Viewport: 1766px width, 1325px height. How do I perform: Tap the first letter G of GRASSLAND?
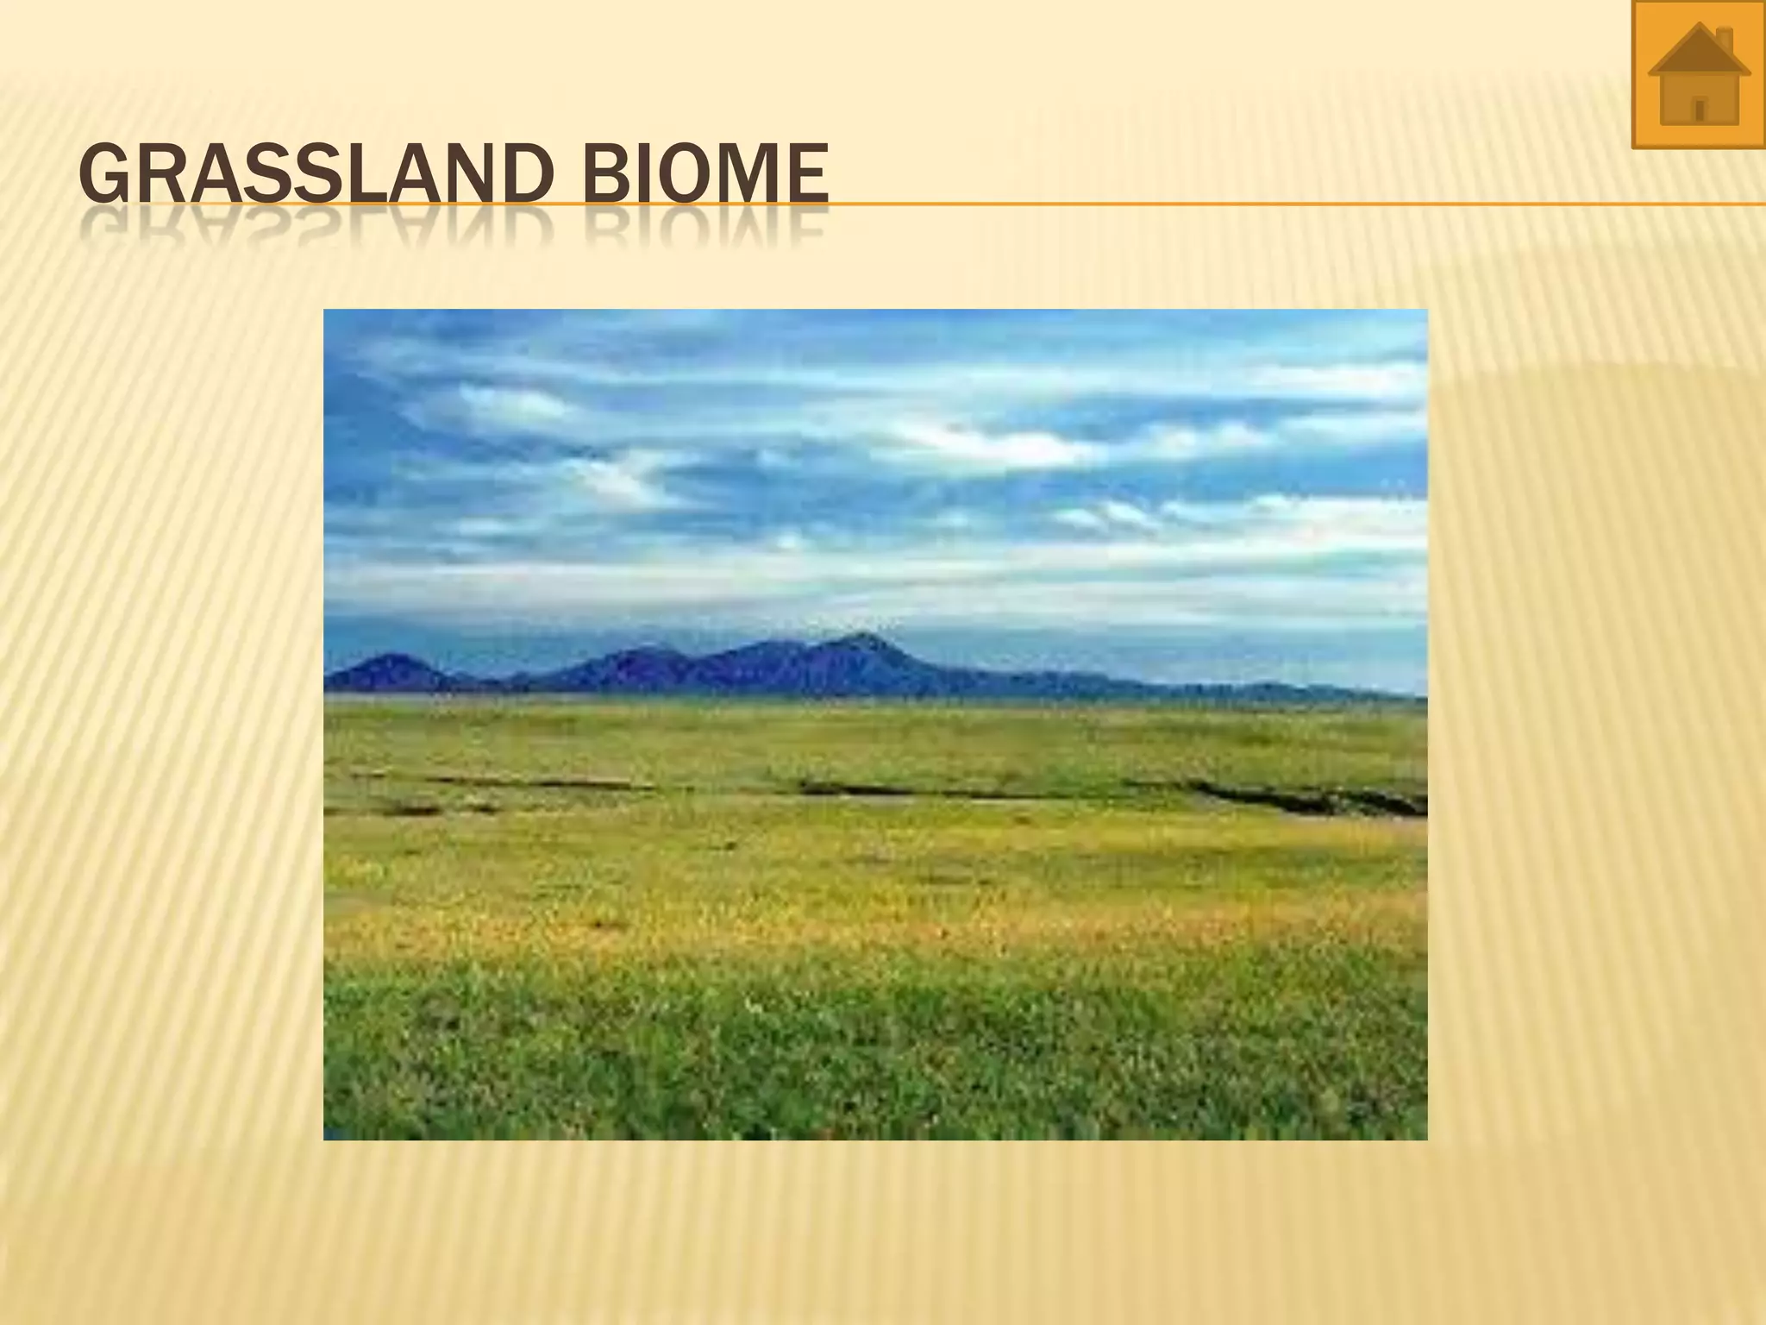coord(101,175)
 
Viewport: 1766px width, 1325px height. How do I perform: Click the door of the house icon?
coord(1700,110)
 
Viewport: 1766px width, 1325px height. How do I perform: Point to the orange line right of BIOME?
coord(1293,204)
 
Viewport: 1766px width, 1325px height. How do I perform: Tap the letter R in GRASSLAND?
coord(151,175)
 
